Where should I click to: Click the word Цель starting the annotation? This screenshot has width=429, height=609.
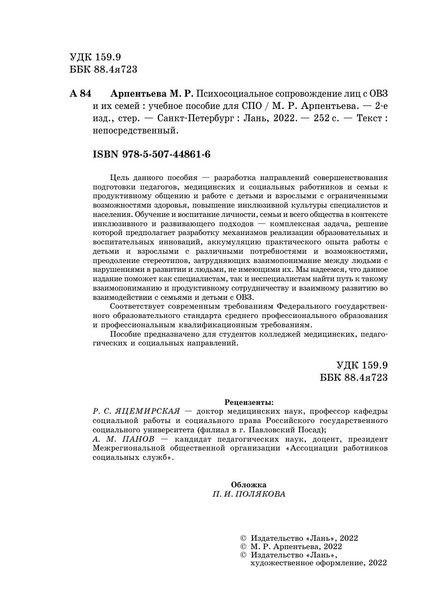point(120,178)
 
